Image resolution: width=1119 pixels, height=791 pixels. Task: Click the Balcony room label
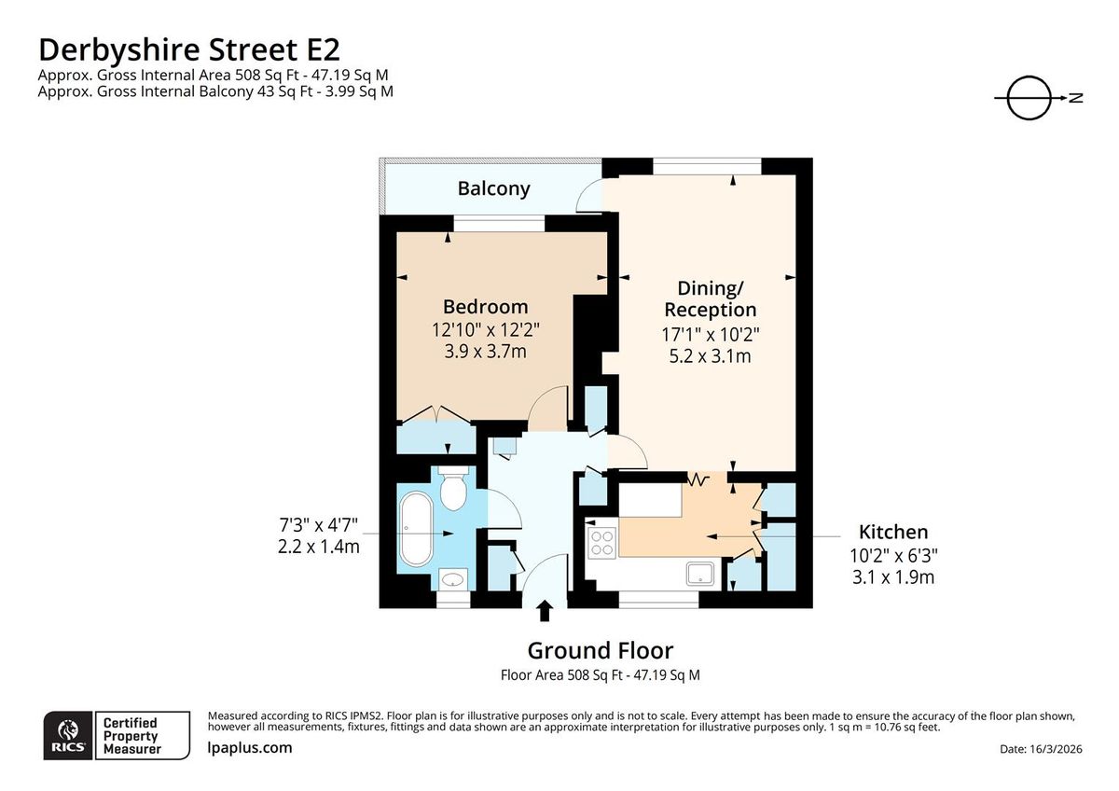click(493, 188)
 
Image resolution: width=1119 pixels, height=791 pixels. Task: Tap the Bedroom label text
click(485, 306)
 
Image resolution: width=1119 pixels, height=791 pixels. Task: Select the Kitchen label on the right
click(892, 532)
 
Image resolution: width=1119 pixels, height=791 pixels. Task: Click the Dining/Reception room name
click(710, 298)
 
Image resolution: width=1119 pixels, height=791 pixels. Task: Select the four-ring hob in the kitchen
click(601, 542)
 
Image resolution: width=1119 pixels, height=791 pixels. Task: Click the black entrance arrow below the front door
click(545, 612)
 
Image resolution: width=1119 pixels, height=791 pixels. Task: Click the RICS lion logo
click(67, 734)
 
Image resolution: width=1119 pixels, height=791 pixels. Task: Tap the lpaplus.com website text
click(249, 747)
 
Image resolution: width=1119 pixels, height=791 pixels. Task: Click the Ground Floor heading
click(600, 650)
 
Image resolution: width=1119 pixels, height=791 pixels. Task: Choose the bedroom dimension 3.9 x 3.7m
click(485, 351)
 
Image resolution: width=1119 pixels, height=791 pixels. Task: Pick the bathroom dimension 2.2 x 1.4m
click(318, 547)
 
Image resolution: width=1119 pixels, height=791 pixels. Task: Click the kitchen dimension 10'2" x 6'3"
click(894, 555)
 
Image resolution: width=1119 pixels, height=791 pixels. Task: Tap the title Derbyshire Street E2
click(196, 49)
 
